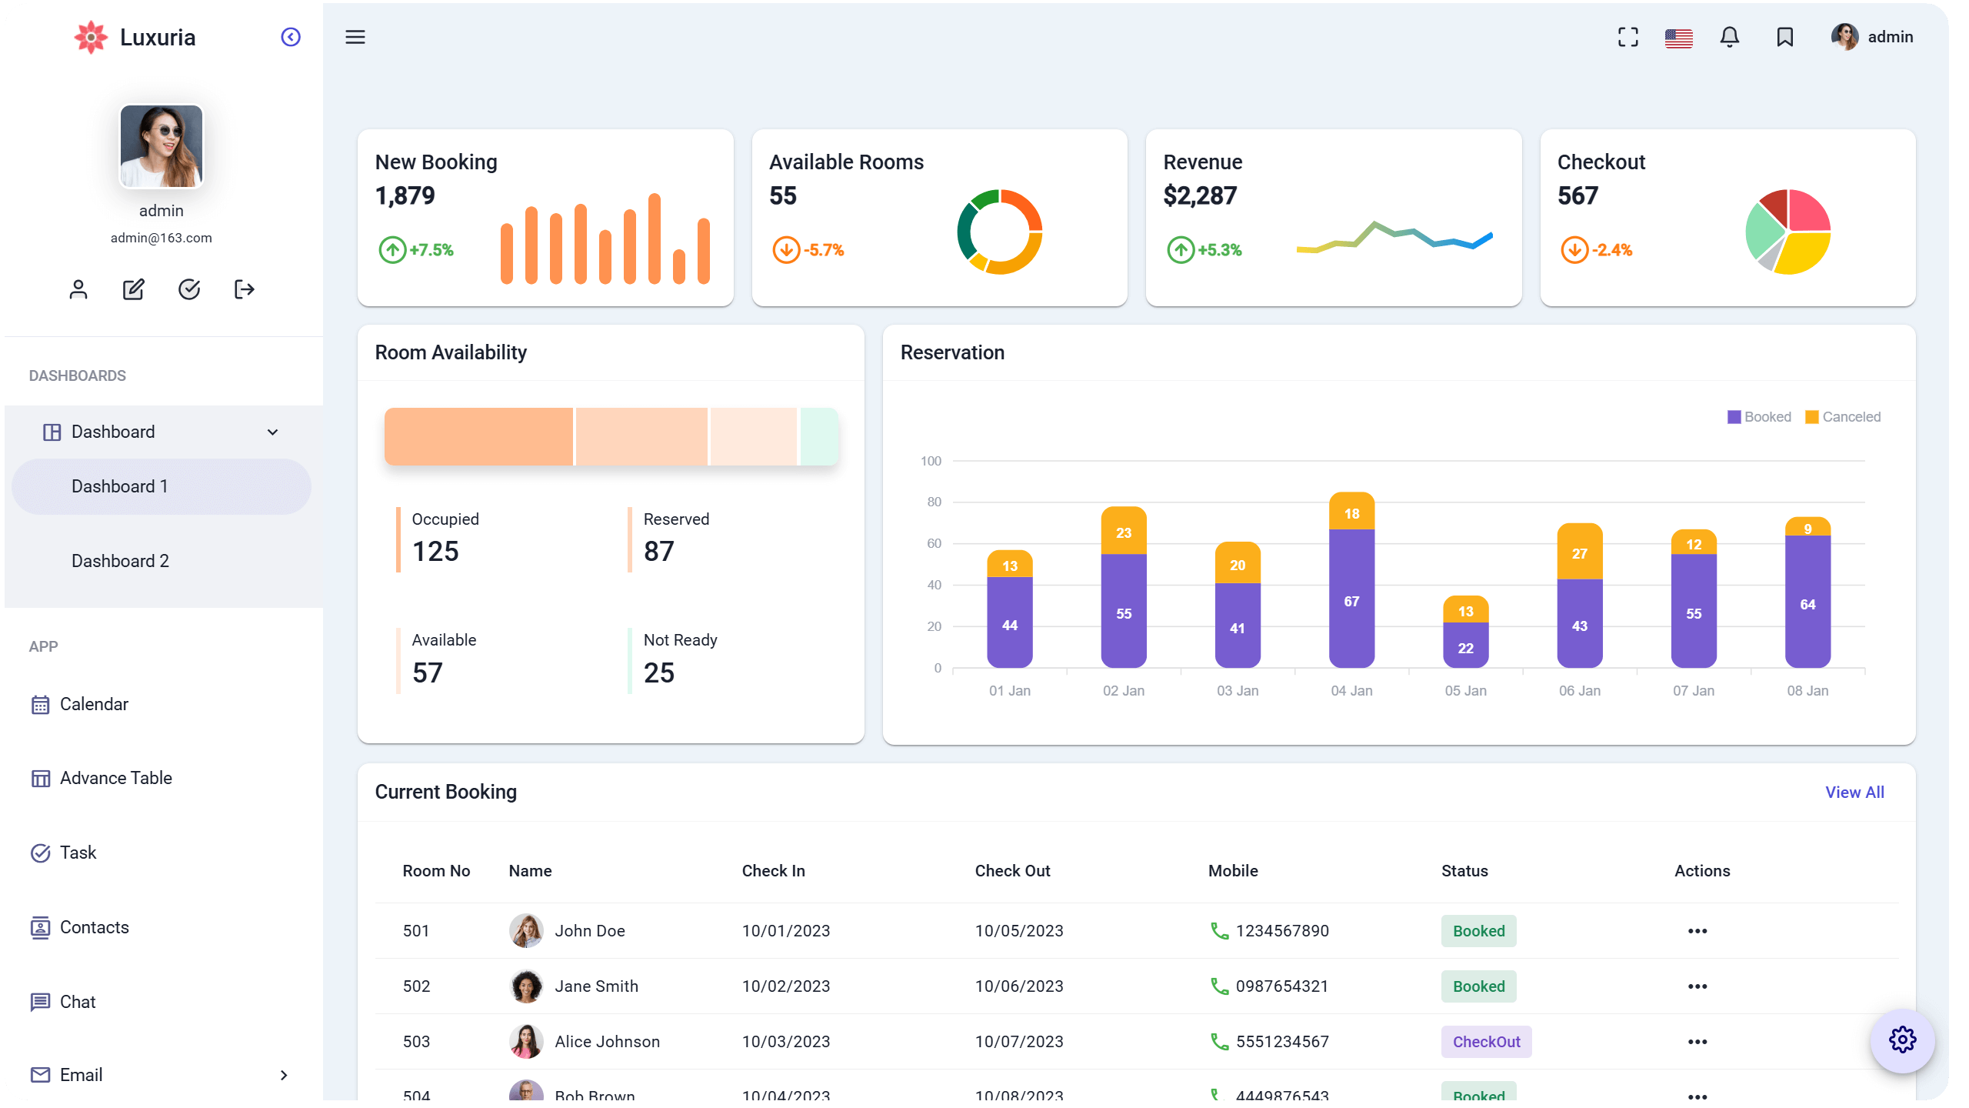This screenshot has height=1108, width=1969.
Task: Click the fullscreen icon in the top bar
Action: click(1628, 37)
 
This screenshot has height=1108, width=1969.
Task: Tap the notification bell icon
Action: click(1730, 37)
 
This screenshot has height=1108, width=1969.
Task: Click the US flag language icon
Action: click(1678, 38)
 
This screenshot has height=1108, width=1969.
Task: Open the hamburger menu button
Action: click(355, 37)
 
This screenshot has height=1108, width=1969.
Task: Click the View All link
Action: click(1854, 792)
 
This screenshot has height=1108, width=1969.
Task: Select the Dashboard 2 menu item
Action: click(120, 561)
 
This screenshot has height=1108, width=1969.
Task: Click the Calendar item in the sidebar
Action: click(94, 704)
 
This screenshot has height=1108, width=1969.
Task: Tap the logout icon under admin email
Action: click(244, 289)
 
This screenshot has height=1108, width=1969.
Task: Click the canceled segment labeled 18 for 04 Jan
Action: click(1351, 512)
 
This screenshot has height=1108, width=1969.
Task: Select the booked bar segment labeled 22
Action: click(1465, 646)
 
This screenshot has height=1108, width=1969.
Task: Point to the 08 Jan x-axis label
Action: click(1807, 690)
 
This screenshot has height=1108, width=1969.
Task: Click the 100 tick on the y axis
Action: click(931, 461)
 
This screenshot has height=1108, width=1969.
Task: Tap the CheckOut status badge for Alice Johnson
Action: click(1486, 1042)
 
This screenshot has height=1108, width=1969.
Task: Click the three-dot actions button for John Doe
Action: click(1697, 931)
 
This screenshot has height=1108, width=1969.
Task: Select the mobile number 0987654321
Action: click(1281, 986)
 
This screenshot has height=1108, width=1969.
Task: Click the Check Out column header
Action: click(1012, 871)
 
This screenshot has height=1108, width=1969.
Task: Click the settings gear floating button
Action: click(1902, 1040)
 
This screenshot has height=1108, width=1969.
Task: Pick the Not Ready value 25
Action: click(659, 673)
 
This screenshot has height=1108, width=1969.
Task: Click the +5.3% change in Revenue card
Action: click(1219, 250)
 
